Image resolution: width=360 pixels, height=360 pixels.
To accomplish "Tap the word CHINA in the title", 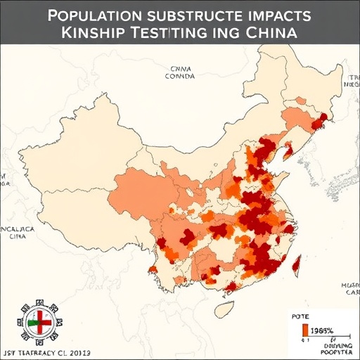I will tap(272, 34).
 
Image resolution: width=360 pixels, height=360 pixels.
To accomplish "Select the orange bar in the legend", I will tap(304, 330).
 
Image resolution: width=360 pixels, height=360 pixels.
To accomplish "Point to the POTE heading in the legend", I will tap(301, 318).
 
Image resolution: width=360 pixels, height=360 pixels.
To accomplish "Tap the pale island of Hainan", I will tap(224, 309).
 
